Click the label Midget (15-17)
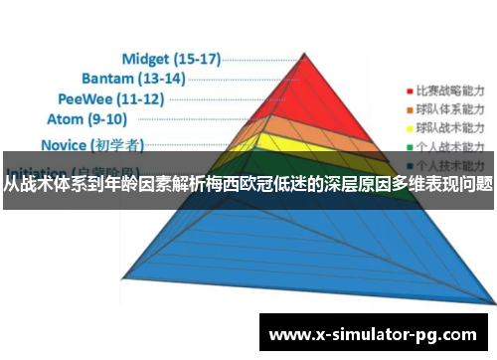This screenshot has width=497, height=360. coord(170,59)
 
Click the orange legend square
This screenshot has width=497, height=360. coord(408,107)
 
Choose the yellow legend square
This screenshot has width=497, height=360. coord(408,128)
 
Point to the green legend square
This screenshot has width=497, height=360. coord(408,148)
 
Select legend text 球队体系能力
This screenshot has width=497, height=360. coord(450,107)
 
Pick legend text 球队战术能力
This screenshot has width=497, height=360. coord(450,128)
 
